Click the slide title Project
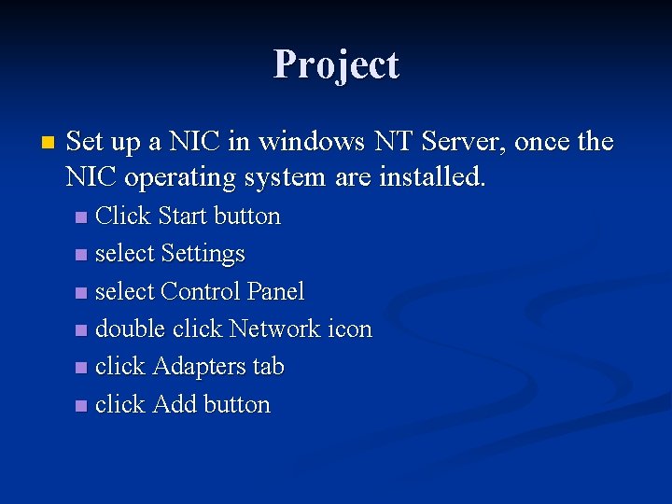tap(336, 64)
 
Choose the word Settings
tap(203, 254)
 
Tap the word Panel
tap(275, 291)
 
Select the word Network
tap(274, 329)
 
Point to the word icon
tap(350, 329)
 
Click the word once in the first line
tap(542, 142)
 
